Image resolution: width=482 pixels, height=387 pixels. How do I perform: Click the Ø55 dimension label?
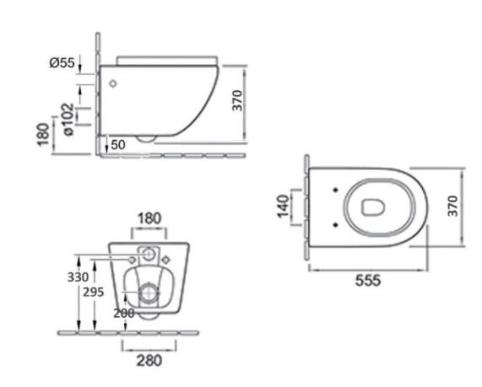(62, 62)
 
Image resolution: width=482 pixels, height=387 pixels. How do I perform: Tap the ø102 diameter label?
(68, 119)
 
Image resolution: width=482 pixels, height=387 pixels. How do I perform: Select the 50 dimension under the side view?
(118, 145)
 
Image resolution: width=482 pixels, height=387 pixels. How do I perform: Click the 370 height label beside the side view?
(237, 100)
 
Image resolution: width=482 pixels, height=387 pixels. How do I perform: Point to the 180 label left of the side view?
(43, 135)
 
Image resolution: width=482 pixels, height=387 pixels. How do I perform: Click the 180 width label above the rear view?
(149, 218)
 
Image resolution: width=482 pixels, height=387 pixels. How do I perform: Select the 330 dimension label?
(78, 277)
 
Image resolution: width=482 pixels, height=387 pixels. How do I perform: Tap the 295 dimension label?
(94, 292)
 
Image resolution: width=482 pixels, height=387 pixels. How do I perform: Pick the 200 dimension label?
(124, 314)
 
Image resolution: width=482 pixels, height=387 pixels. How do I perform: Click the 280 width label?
(149, 361)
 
